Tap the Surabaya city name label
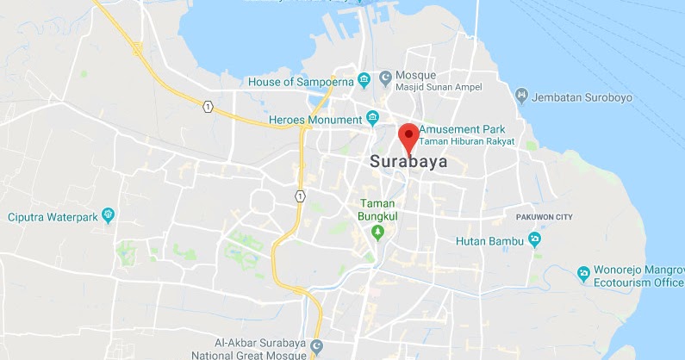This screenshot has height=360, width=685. point(408,161)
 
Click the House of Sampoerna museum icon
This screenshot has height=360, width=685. point(364,81)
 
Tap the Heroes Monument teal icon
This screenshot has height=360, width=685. point(373,118)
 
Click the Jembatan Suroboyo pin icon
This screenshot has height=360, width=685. point(521,95)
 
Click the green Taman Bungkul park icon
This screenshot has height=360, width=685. point(377,233)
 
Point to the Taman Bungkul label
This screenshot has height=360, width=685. point(377,209)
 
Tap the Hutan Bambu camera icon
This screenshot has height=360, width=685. point(535,239)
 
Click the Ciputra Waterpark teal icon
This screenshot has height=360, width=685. point(109,214)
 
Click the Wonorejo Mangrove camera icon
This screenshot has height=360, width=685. point(583,273)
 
